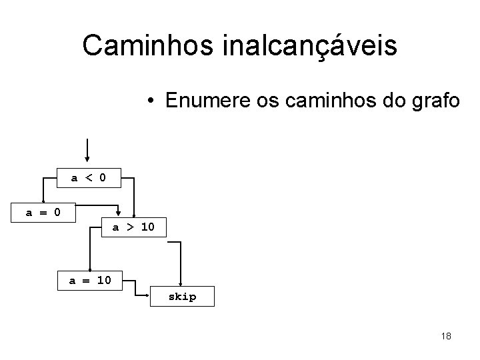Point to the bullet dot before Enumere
[x=153, y=101]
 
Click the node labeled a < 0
[x=88, y=177]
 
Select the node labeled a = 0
[x=43, y=213]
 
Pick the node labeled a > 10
[x=133, y=227]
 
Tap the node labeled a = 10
[x=90, y=280]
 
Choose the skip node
[x=182, y=297]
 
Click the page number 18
[x=446, y=336]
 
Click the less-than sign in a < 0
[x=87, y=177]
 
